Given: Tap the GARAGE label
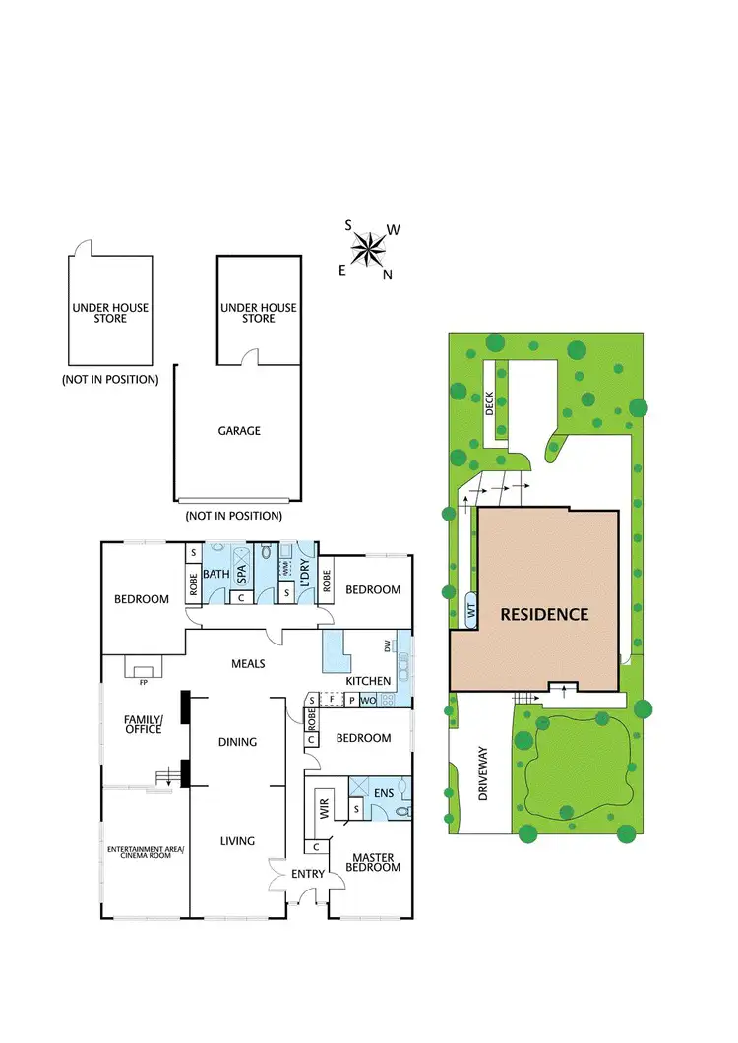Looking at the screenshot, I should click(x=239, y=430).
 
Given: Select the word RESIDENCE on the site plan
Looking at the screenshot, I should click(x=544, y=615).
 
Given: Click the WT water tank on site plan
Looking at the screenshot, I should click(x=470, y=610).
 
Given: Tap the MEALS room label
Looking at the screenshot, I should click(x=248, y=663).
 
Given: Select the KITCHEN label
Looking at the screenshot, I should click(x=369, y=681).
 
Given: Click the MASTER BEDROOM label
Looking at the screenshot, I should click(x=373, y=862).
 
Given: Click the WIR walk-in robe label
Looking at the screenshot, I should click(x=323, y=811).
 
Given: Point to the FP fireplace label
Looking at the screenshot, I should click(x=144, y=681).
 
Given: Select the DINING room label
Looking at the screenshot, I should click(x=237, y=742).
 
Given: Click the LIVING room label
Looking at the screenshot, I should click(x=237, y=840).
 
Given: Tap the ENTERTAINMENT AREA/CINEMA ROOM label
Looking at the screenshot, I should click(x=146, y=852).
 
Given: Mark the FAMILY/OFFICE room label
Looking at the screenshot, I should click(x=143, y=725).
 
